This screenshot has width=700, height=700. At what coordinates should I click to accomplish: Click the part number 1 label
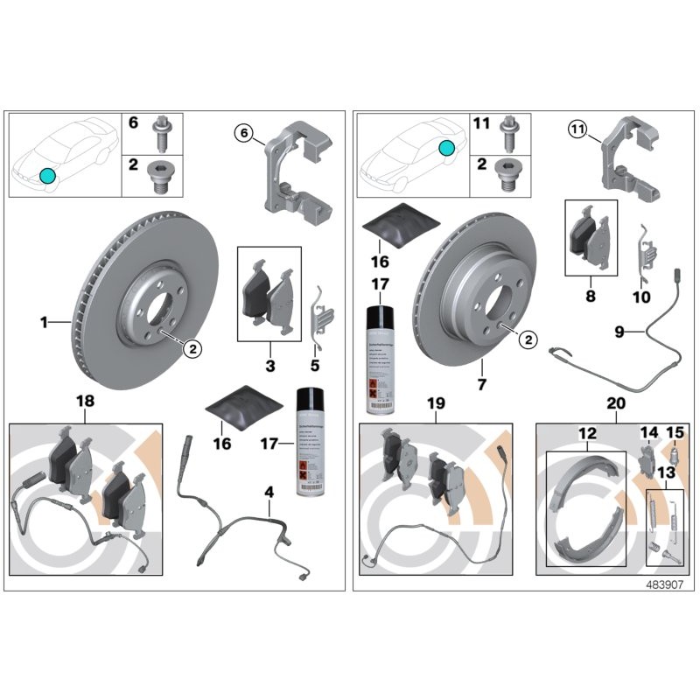[x=44, y=323]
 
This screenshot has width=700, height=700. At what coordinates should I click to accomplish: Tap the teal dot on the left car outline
[x=47, y=176]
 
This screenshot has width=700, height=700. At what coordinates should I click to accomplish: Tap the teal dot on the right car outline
[x=447, y=149]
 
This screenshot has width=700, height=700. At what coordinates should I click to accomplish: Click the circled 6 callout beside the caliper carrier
[x=244, y=132]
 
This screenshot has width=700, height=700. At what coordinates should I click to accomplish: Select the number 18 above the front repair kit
[x=85, y=401]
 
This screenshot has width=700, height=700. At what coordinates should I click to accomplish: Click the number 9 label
[x=618, y=332]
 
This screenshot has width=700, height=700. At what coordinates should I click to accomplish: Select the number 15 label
[x=675, y=432]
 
